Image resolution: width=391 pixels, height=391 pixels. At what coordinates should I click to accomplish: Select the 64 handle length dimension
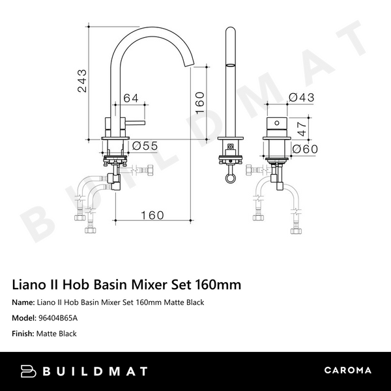click(x=130, y=98)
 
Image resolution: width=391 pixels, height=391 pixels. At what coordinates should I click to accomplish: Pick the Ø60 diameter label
click(x=304, y=150)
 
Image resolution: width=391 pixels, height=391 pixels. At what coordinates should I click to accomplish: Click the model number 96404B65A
click(x=59, y=318)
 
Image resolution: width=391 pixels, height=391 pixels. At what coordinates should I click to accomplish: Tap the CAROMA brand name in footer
click(x=347, y=371)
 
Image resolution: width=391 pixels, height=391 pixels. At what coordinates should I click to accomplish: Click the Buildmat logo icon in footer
click(x=31, y=371)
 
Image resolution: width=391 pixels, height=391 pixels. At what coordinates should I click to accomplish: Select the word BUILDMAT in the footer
click(x=95, y=371)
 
